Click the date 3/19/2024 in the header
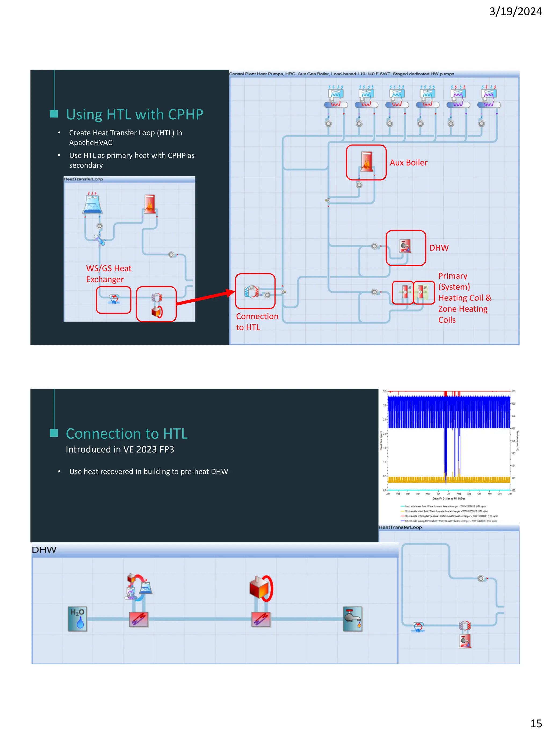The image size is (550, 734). [515, 12]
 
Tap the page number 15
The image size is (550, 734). [536, 723]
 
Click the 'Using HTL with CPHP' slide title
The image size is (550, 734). [134, 114]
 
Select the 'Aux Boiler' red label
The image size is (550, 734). [408, 163]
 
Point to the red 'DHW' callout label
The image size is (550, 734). [439, 248]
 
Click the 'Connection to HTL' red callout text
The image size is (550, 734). [257, 321]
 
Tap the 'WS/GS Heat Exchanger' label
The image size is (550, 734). [108, 274]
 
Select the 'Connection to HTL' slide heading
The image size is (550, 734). [127, 434]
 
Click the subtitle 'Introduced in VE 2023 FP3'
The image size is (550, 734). [120, 449]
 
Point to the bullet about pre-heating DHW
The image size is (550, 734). [149, 471]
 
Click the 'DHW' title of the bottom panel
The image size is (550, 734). [44, 550]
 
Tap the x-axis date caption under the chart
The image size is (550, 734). [448, 498]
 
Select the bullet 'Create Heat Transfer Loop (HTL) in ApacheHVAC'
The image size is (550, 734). [125, 137]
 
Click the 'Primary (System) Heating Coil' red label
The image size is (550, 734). [464, 298]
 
